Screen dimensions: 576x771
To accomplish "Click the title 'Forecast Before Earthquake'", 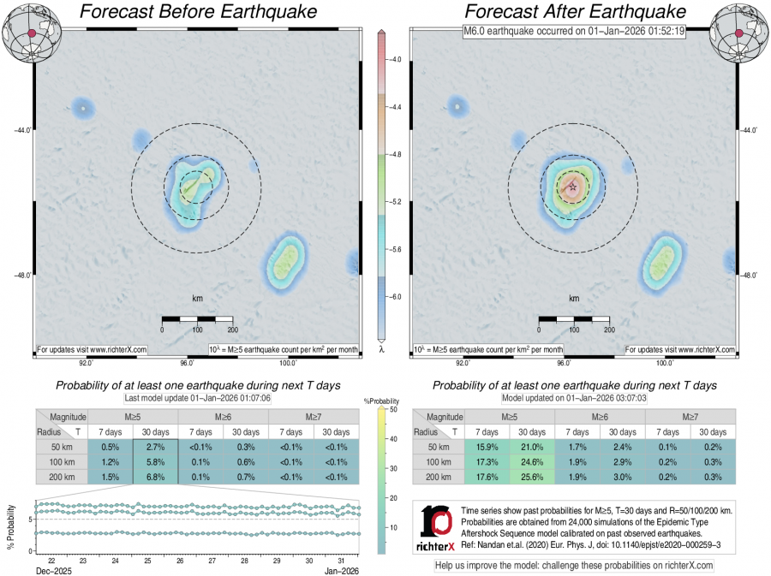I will coord(197,12).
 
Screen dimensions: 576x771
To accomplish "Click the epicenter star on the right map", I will coord(572,187).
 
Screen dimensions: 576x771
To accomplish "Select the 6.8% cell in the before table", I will coord(155,477).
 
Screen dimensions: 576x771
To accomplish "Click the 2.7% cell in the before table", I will coord(155,447).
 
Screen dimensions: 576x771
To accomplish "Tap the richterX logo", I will coord(436,527).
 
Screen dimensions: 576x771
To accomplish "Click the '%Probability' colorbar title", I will coord(381,401).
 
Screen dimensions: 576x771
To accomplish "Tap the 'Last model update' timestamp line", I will coord(197,398).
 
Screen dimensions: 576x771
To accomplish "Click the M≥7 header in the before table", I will coord(314,416).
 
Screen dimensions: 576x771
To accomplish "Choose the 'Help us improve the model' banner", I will coord(574,566).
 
